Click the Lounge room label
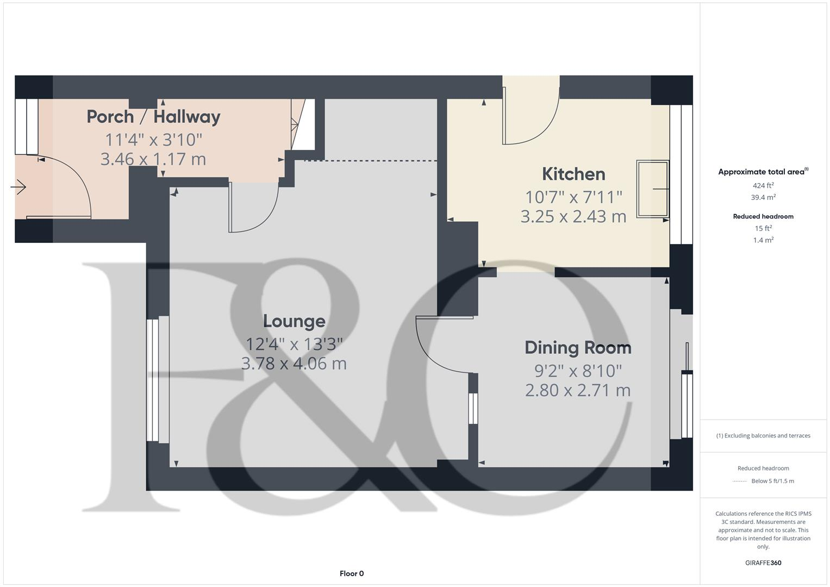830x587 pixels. click(x=294, y=321)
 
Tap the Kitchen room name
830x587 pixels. click(x=573, y=174)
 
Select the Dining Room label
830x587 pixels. click(x=578, y=348)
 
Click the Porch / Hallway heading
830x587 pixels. click(x=153, y=116)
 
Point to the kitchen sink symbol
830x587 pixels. click(x=652, y=189)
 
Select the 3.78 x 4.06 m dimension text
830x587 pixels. click(x=294, y=364)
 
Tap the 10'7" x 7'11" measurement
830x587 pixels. click(x=573, y=197)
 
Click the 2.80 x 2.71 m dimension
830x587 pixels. click(x=578, y=390)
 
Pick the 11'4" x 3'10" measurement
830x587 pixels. click(x=153, y=140)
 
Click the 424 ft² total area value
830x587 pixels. click(x=763, y=185)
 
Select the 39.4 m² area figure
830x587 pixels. click(x=763, y=197)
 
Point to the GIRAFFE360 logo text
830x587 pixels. click(x=763, y=563)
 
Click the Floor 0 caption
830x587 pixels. click(x=352, y=573)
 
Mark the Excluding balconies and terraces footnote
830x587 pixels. click(x=763, y=435)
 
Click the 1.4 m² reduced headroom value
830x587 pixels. click(x=763, y=240)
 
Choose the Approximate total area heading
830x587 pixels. click(x=762, y=172)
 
